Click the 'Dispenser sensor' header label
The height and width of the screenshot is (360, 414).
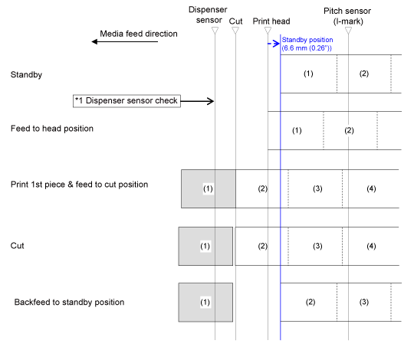point(208,15)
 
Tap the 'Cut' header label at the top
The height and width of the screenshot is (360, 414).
point(235,21)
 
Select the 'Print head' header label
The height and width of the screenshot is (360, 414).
point(271,21)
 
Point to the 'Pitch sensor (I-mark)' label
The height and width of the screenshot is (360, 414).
point(347,16)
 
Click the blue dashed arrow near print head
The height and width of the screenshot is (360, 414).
point(274,44)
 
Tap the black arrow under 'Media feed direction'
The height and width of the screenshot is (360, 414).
point(125,41)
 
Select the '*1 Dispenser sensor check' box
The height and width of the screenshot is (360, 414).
point(127,101)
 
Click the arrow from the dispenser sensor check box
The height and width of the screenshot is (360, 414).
point(197,101)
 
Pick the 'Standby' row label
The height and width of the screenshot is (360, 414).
point(26,74)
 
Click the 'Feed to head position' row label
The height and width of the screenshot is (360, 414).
point(52,129)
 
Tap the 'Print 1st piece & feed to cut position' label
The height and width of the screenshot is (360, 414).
point(79,185)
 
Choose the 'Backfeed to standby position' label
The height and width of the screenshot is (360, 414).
point(69,302)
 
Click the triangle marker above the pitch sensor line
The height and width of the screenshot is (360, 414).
point(348,31)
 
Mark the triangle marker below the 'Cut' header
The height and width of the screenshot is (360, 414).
point(235,31)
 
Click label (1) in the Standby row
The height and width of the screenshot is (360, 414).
point(308,74)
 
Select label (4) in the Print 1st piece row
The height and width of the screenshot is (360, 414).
point(371,188)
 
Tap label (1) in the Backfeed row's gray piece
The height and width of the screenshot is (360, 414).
point(205,303)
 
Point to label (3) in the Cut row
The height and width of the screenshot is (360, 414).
point(317,246)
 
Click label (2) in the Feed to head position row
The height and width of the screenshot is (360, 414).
point(349,130)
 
